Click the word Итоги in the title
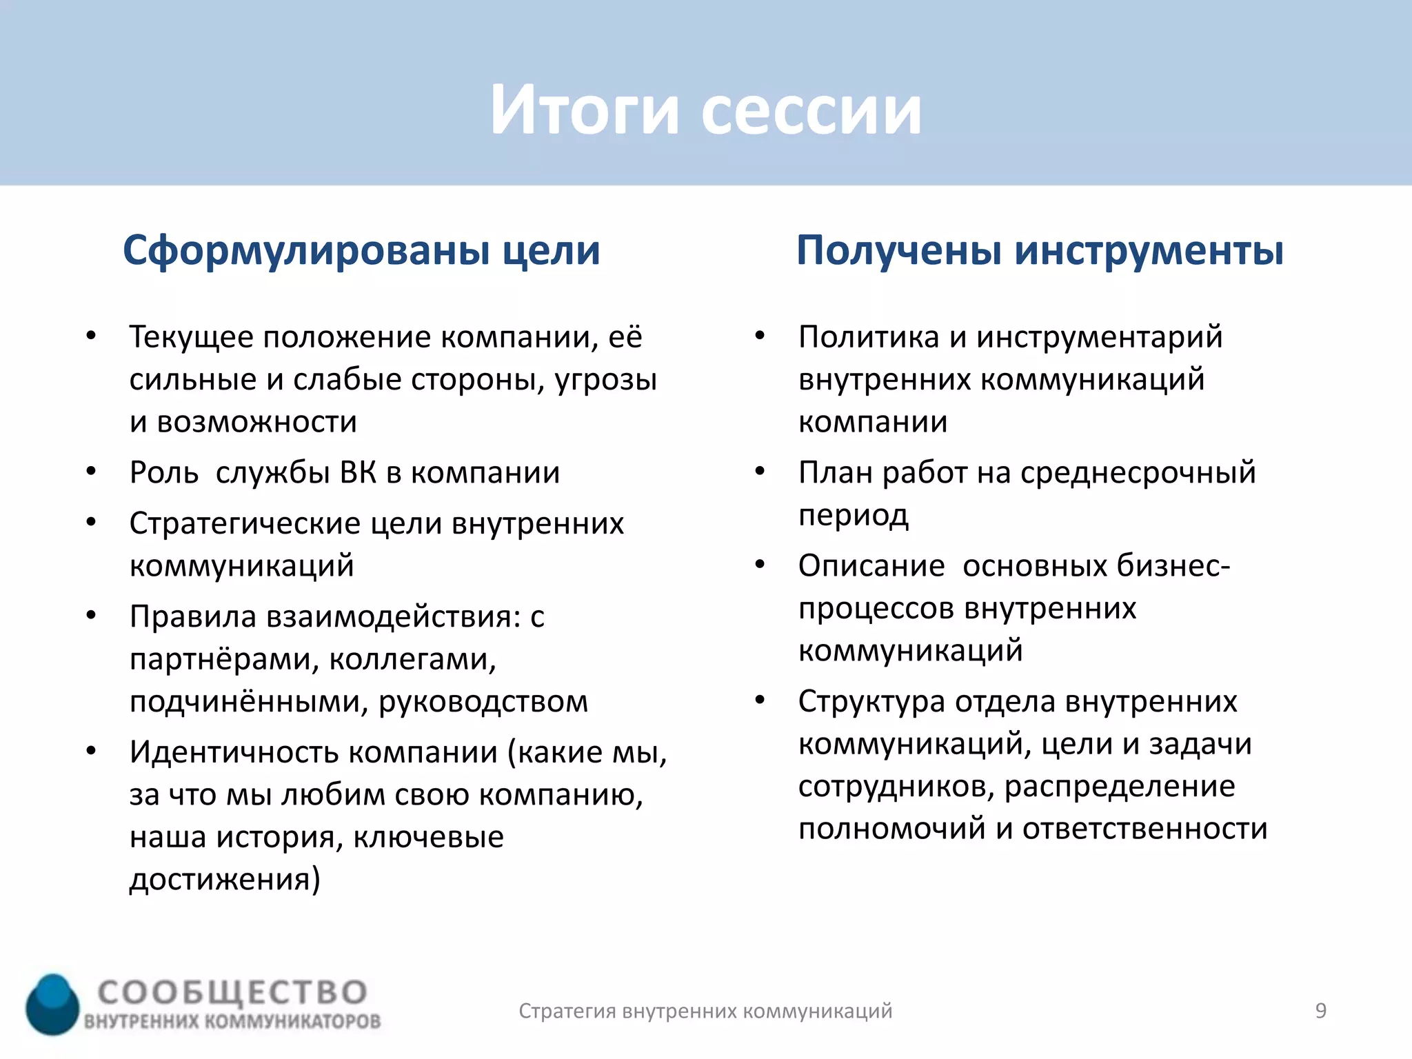tap(585, 110)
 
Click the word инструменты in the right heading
tap(1149, 250)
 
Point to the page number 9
tap(1320, 1011)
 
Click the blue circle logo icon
tap(52, 1004)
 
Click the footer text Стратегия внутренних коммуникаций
tap(705, 1011)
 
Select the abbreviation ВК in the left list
tap(358, 473)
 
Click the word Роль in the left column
tap(164, 473)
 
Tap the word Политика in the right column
tap(869, 337)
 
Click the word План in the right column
tap(835, 473)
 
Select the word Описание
tap(871, 566)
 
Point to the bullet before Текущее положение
tap(91, 336)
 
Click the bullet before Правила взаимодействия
tap(91, 616)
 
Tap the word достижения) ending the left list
tap(225, 880)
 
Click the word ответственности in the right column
tap(1144, 829)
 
